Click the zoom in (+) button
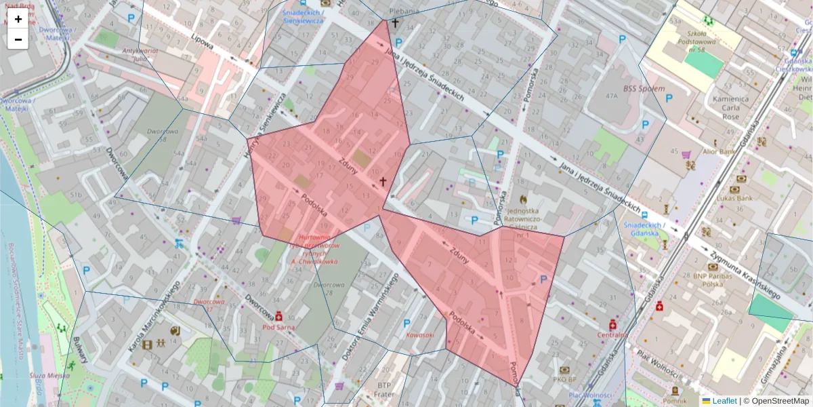(x=18, y=19)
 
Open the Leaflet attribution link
(x=724, y=401)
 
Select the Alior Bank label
(x=719, y=151)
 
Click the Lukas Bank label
(x=735, y=198)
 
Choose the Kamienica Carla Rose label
(x=730, y=108)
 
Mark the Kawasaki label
(x=419, y=334)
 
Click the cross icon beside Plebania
(x=395, y=23)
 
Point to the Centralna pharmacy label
(x=612, y=334)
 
